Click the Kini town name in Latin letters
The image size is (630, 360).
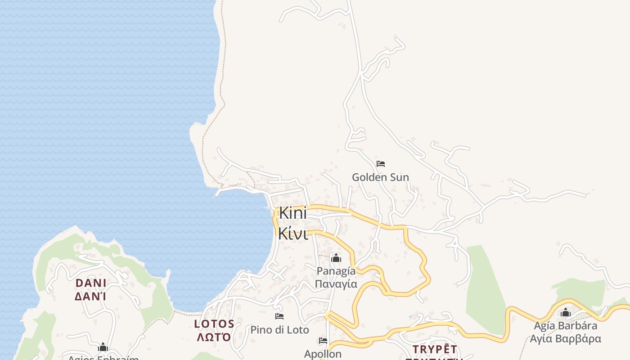pyautogui.click(x=293, y=213)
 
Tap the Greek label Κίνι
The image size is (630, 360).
pyautogui.click(x=293, y=234)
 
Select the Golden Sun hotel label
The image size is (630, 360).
pyautogui.click(x=380, y=177)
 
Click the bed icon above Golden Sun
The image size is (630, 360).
pyautogui.click(x=381, y=164)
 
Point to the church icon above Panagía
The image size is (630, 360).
pyautogui.click(x=336, y=258)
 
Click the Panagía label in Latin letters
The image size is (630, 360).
pyautogui.click(x=336, y=271)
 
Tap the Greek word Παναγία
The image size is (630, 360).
pyautogui.click(x=336, y=284)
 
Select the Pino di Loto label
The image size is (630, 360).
pyautogui.click(x=279, y=330)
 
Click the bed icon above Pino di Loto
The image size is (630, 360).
pyautogui.click(x=279, y=316)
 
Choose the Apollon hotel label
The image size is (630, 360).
pyautogui.click(x=323, y=354)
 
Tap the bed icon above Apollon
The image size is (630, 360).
pyautogui.click(x=323, y=341)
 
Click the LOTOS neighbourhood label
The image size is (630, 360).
pyautogui.click(x=214, y=324)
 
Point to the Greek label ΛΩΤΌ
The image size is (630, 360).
pyautogui.click(x=214, y=337)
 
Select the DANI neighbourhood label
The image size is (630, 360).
pyautogui.click(x=91, y=283)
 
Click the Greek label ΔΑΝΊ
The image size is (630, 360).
pyautogui.click(x=91, y=297)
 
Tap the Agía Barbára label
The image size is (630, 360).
pyautogui.click(x=566, y=326)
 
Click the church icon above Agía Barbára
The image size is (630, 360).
pyautogui.click(x=566, y=313)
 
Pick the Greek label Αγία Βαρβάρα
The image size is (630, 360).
pyautogui.click(x=566, y=338)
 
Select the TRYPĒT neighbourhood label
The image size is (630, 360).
pyautogui.click(x=435, y=349)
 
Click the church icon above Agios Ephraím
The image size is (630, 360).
pyautogui.click(x=103, y=347)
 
